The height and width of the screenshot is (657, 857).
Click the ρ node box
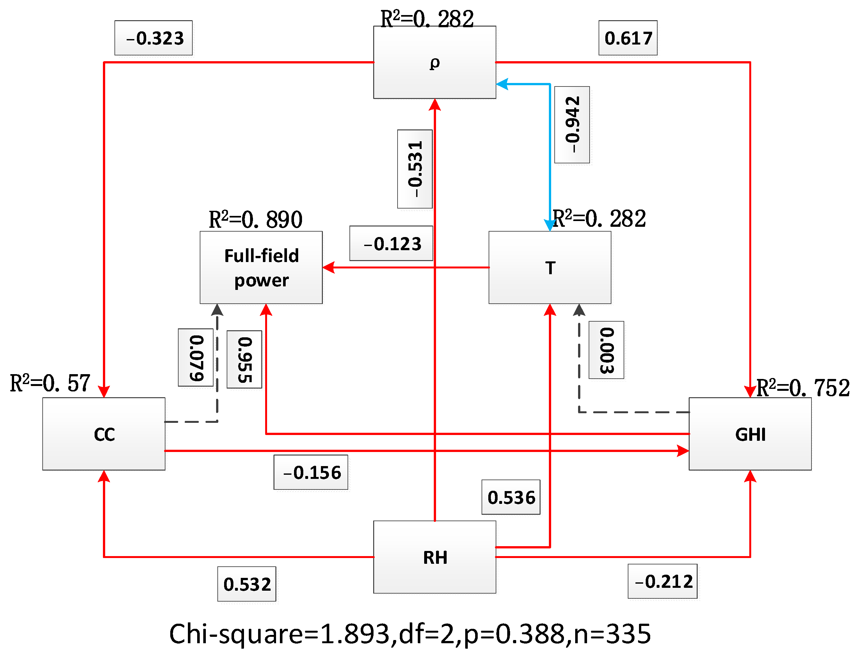(x=434, y=62)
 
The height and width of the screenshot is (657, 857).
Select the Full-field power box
(x=261, y=267)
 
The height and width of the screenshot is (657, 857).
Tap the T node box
(x=550, y=267)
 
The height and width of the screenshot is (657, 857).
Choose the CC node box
(x=104, y=434)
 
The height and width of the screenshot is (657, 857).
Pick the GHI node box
(x=750, y=434)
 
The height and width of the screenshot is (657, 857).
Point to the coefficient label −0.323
(x=153, y=38)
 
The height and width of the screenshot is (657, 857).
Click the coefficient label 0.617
(x=628, y=38)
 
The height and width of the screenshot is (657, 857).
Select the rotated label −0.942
(x=572, y=124)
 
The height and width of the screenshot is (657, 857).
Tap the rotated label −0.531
(x=415, y=169)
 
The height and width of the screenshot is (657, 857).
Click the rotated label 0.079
(x=196, y=357)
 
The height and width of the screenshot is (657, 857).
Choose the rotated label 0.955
(x=244, y=359)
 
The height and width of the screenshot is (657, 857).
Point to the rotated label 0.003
(x=606, y=350)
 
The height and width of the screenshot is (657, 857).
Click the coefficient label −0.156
(x=311, y=472)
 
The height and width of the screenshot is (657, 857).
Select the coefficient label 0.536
(x=511, y=497)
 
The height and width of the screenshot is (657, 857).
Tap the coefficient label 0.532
(x=247, y=584)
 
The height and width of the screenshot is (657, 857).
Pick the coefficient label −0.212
(x=662, y=581)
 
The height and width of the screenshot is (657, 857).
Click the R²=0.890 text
(x=255, y=219)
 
